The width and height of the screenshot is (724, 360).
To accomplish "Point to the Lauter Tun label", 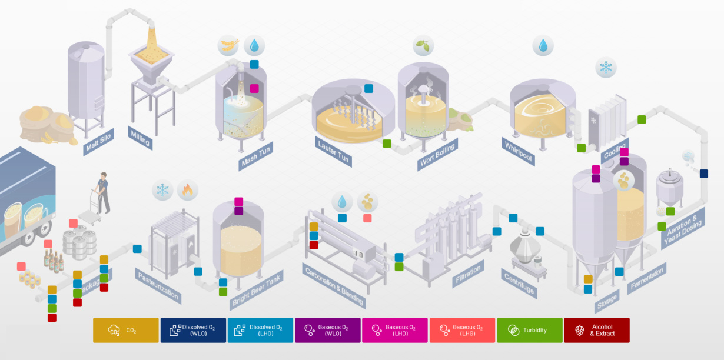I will pyautogui.click(x=333, y=152).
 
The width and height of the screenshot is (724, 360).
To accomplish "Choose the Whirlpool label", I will pyautogui.click(x=519, y=150).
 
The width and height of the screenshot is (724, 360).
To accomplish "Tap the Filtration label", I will pyautogui.click(x=469, y=274).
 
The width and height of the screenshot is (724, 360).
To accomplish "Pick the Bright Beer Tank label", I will pyautogui.click(x=256, y=289).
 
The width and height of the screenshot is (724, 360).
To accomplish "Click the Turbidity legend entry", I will pyautogui.click(x=529, y=330).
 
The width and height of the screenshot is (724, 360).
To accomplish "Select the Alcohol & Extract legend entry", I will pyautogui.click(x=596, y=330).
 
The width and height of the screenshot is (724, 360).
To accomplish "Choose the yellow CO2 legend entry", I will pyautogui.click(x=126, y=330).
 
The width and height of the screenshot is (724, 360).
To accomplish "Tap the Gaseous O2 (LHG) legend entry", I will pyautogui.click(x=462, y=330).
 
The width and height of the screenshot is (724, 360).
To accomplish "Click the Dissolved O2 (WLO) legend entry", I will pyautogui.click(x=193, y=330).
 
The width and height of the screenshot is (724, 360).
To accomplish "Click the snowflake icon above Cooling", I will pyautogui.click(x=606, y=67).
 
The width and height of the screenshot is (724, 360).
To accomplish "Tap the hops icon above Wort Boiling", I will pyautogui.click(x=423, y=45).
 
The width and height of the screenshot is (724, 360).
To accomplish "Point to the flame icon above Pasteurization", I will pyautogui.click(x=188, y=190).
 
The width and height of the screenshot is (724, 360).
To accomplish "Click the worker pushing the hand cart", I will pyautogui.click(x=103, y=192).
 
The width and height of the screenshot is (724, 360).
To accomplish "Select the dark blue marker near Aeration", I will pyautogui.click(x=704, y=174).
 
